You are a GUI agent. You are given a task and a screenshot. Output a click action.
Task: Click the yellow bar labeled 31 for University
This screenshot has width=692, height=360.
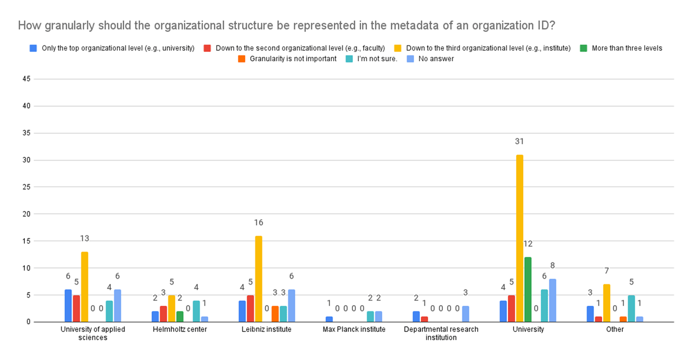520,238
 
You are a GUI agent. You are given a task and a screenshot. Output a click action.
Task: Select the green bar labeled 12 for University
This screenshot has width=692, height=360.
528,290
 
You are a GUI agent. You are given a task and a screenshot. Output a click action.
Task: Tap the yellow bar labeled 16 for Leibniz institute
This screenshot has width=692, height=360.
258,279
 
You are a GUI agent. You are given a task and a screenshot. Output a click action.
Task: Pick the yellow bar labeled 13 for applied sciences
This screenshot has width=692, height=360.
85,287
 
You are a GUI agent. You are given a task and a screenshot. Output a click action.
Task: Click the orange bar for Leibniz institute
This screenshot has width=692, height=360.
275,314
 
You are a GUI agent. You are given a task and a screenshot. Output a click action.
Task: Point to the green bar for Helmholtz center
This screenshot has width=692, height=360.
180,316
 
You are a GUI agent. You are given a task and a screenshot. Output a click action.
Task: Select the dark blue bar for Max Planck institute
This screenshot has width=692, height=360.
329,319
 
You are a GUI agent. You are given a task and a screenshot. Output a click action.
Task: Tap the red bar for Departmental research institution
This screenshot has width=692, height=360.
424,319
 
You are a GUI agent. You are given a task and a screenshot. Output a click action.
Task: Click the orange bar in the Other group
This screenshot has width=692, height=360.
623,319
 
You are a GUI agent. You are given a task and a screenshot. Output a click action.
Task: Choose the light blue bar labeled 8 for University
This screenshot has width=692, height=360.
552,301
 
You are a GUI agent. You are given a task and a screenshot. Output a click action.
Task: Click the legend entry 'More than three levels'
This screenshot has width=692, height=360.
621,48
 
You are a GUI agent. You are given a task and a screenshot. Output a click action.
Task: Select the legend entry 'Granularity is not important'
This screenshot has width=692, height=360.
287,59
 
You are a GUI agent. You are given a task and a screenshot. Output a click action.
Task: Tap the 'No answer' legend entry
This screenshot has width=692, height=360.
430,59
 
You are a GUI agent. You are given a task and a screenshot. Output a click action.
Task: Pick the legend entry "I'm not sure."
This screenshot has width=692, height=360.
371,59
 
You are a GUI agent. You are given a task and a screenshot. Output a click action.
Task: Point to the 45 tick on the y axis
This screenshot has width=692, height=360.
27,79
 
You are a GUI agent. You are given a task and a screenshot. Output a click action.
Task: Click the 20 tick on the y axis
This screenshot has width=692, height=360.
27,214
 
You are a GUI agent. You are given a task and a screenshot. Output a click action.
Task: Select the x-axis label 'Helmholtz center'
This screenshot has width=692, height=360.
180,329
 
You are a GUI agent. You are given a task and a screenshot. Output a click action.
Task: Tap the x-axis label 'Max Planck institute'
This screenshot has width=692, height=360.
354,329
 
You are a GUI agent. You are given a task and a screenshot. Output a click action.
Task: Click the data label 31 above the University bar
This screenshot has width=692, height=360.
520,141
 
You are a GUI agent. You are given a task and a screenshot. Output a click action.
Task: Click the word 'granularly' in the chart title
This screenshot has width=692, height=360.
70,25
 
